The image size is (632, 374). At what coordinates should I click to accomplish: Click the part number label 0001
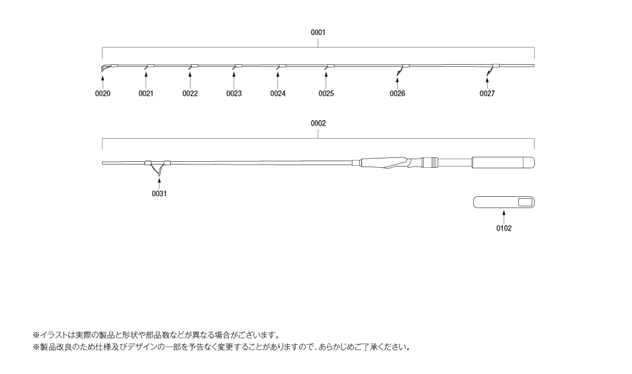coord(318,32)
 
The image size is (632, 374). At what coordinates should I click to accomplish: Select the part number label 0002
coord(318,124)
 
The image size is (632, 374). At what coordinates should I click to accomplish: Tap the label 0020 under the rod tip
coord(103,94)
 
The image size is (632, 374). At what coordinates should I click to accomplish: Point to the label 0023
coord(234,94)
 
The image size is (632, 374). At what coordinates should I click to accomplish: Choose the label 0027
coord(487,94)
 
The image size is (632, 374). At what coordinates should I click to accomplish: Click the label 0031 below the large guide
coord(159,194)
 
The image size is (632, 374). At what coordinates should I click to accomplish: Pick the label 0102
coord(504,228)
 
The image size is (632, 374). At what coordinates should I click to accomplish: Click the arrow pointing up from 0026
coord(398,83)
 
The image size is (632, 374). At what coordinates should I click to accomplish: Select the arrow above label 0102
coord(504,217)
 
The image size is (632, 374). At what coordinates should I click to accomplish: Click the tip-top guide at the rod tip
coord(105,67)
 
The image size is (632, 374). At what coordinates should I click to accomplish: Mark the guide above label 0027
coord(492,69)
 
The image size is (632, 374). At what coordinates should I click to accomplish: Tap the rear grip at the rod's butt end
coord(504,163)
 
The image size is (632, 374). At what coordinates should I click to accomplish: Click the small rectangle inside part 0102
coord(525,202)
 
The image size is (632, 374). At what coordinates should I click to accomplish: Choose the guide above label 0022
coord(193,67)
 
